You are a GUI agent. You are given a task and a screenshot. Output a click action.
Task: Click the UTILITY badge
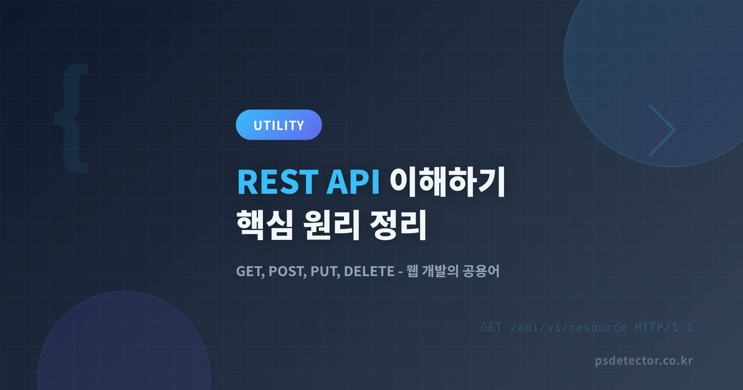click(279, 125)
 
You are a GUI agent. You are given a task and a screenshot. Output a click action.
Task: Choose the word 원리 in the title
click(331, 225)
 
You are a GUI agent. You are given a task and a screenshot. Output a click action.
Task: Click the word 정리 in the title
click(398, 225)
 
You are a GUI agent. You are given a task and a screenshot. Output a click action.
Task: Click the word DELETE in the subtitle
click(369, 271)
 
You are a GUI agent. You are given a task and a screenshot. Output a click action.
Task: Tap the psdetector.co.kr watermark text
click(644, 361)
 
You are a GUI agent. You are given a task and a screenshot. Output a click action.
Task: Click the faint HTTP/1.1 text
click(663, 327)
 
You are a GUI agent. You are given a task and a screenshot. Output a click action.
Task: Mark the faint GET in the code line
click(491, 327)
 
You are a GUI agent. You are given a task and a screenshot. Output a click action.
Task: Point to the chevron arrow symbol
click(663, 130)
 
